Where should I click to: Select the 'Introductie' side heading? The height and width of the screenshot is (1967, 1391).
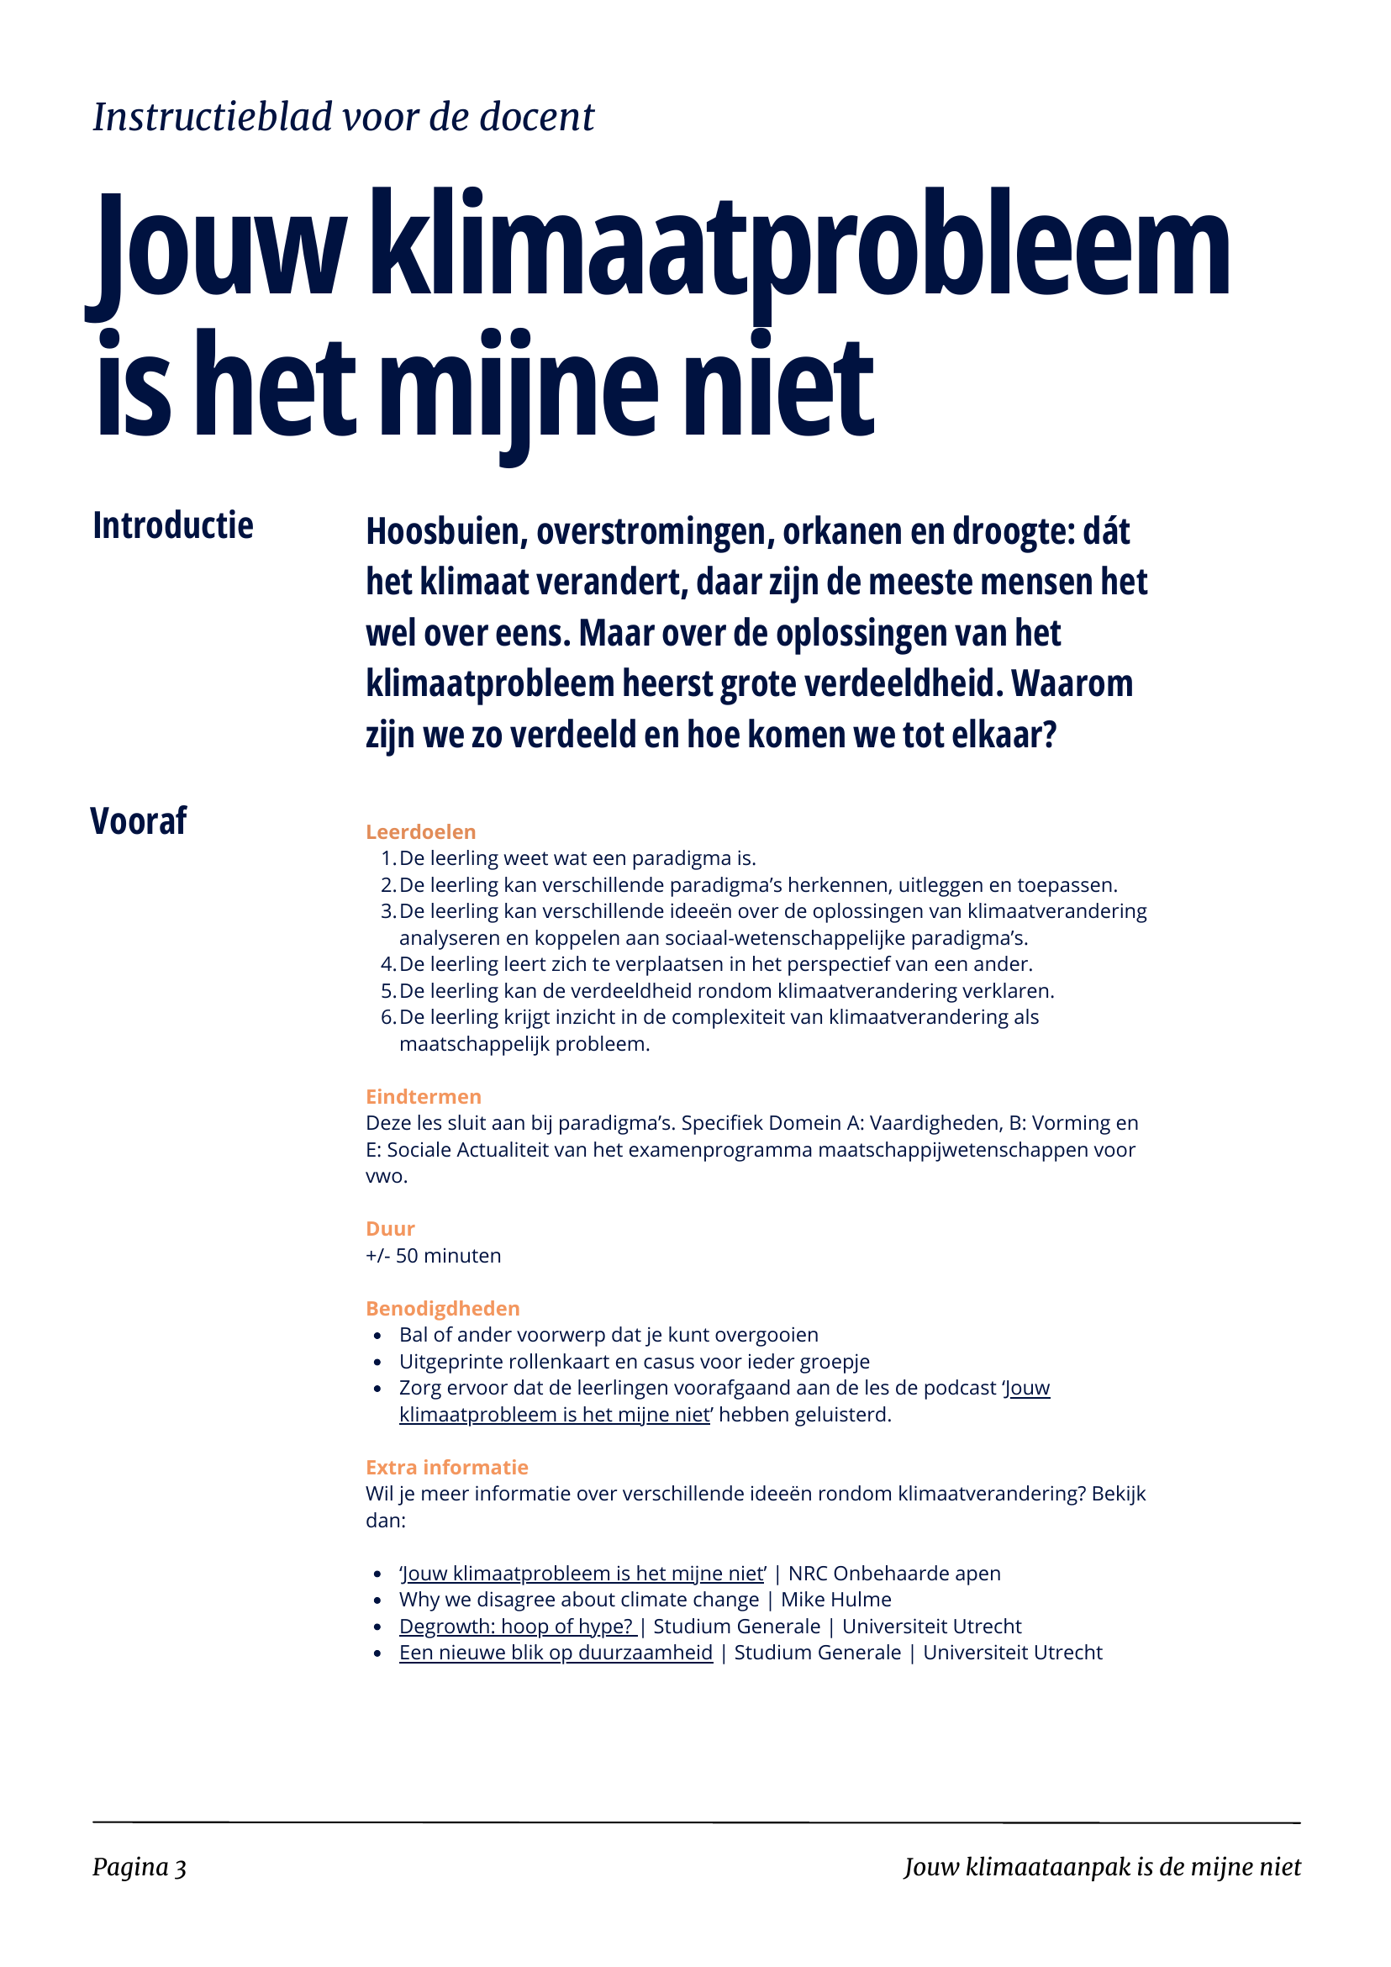coord(173,526)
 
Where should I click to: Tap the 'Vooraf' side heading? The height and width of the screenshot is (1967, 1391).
coord(139,820)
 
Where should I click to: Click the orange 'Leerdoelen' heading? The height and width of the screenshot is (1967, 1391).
coord(420,832)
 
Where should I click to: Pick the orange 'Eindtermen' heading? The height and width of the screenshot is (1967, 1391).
coord(423,1097)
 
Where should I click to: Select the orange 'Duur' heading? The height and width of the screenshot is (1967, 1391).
coord(390,1228)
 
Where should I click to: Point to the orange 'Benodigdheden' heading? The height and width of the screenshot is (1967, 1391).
coord(443,1308)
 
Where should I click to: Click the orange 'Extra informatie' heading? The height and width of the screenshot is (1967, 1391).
coord(446,1467)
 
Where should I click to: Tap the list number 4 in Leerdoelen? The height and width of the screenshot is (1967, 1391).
coord(387,965)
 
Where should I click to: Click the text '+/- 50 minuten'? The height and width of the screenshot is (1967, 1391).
coord(434,1256)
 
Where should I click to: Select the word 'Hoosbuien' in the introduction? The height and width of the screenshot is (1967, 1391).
coord(444,532)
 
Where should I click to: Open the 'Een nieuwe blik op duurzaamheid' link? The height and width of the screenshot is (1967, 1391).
coord(556,1653)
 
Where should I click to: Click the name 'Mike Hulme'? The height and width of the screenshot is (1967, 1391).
coord(836,1600)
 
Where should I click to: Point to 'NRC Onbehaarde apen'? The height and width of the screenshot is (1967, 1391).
coord(894,1573)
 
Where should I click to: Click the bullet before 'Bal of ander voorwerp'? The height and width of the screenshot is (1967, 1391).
coord(377,1336)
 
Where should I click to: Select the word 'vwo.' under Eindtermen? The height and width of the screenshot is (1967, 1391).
coord(387,1176)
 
